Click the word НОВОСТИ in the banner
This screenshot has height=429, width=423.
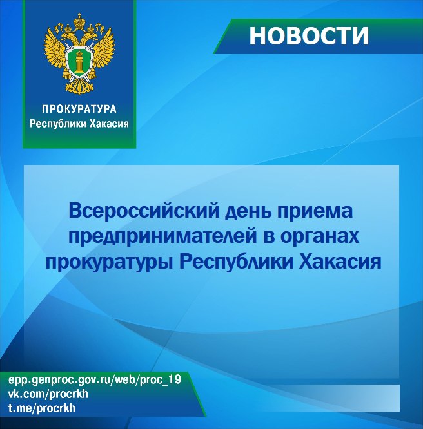pos(309,36)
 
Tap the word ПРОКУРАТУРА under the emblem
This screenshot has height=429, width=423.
pos(79,109)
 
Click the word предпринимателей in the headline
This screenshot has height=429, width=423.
pos(162,236)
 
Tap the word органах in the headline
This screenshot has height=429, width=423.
pos(320,237)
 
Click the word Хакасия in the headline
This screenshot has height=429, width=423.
pos(340,261)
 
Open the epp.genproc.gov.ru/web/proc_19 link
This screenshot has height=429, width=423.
pos(95,380)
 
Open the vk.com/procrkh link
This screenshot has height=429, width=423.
pos(48,394)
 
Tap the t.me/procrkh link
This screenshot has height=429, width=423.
pos(42,408)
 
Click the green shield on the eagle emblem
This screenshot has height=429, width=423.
pos(79,62)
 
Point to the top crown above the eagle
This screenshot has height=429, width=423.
pos(79,20)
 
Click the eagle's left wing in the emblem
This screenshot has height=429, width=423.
pos(55,50)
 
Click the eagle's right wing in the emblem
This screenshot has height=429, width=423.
pos(103,50)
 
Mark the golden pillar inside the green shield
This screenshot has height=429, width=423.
pos(79,62)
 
